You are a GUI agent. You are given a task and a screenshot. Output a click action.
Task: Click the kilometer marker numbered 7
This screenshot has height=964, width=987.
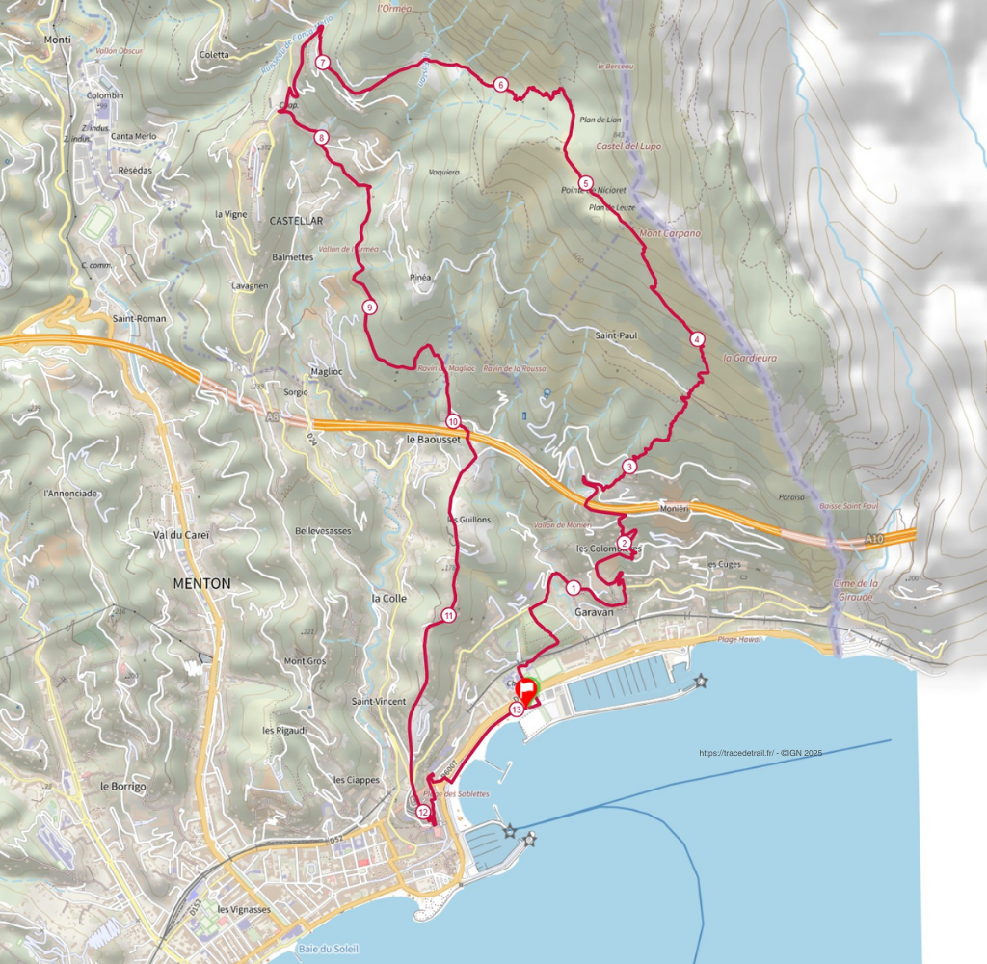click(x=323, y=63)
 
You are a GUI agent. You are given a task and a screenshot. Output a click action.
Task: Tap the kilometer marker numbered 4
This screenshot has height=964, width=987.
click(x=697, y=339)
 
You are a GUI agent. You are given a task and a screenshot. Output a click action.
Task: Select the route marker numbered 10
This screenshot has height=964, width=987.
click(x=453, y=421)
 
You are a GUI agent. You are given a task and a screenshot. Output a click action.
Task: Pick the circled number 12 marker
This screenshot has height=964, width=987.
click(x=423, y=812)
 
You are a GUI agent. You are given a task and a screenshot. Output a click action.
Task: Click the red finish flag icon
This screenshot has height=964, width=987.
click(x=527, y=691)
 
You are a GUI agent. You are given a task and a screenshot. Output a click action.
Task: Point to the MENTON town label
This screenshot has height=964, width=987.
click(x=201, y=583)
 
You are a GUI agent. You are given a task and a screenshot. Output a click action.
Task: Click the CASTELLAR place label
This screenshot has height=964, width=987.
click(x=296, y=221)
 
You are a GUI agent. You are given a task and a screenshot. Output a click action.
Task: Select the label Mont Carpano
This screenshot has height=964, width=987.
click(x=670, y=233)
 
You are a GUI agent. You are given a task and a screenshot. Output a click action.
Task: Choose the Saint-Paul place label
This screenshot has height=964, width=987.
click(x=616, y=335)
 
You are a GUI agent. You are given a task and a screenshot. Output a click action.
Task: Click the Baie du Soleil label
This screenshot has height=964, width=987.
click(x=328, y=950)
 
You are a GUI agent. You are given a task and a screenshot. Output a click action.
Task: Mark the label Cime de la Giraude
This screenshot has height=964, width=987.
click(x=855, y=590)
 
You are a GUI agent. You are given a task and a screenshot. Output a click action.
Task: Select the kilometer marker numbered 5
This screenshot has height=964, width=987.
click(x=585, y=183)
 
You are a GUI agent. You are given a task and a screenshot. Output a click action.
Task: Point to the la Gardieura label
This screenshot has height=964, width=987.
click(x=749, y=358)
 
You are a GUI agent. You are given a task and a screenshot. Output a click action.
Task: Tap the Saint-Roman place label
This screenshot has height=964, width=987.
click(x=139, y=318)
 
